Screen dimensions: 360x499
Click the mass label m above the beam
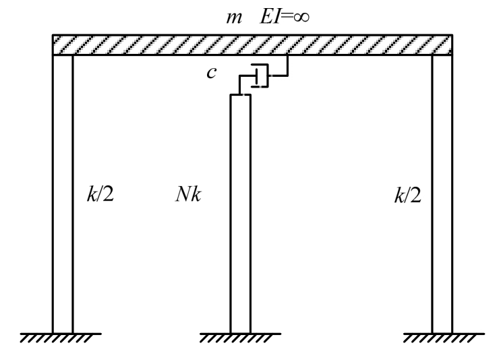click(231, 16)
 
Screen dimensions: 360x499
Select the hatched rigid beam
click(252, 44)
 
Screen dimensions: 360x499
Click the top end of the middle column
click(241, 96)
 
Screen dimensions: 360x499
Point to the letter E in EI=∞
click(260, 16)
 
